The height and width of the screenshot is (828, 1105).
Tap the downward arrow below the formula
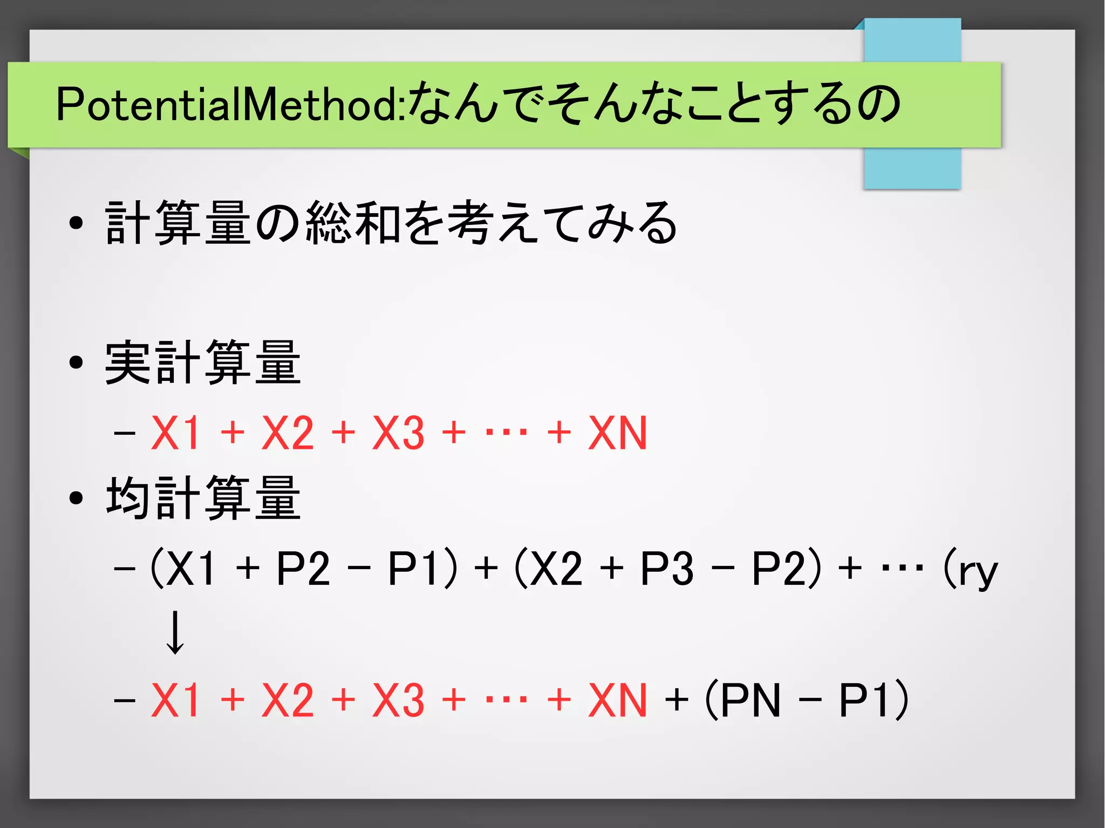pyautogui.click(x=174, y=633)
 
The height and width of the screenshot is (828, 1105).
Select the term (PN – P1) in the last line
pyautogui.click(x=807, y=700)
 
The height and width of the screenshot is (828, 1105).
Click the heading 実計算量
pyautogui.click(x=202, y=363)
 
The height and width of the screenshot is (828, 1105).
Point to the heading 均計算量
pyautogui.click(x=202, y=498)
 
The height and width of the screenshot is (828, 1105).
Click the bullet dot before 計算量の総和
pyautogui.click(x=76, y=223)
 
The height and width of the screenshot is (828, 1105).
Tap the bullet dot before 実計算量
pyautogui.click(x=76, y=363)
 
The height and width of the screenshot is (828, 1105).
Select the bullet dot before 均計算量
pyautogui.click(x=76, y=498)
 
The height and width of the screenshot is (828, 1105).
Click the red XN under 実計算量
pyautogui.click(x=617, y=433)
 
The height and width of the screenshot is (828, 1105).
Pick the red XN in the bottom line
pyautogui.click(x=617, y=700)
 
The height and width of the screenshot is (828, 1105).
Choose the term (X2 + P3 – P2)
pyautogui.click(x=668, y=569)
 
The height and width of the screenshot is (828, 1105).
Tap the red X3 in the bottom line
pyautogui.click(x=398, y=700)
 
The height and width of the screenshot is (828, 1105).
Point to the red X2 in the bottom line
pyautogui.click(x=288, y=700)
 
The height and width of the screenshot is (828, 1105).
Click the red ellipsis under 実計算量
pyautogui.click(x=506, y=433)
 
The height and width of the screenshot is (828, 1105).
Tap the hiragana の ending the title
pyautogui.click(x=879, y=104)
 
